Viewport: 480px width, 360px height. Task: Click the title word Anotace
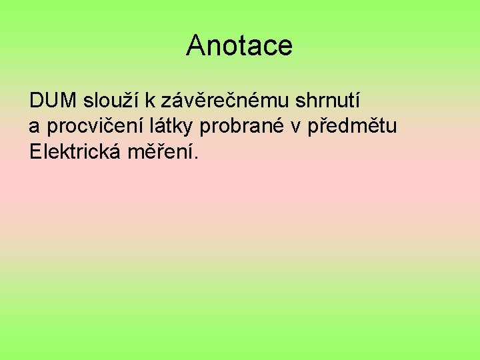(x=239, y=45)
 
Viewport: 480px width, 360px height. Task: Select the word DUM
(x=53, y=101)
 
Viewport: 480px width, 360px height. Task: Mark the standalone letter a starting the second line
(x=35, y=126)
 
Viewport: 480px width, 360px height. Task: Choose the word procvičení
(x=88, y=126)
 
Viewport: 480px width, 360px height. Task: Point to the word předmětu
(x=349, y=126)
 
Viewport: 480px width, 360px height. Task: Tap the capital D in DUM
(x=37, y=101)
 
